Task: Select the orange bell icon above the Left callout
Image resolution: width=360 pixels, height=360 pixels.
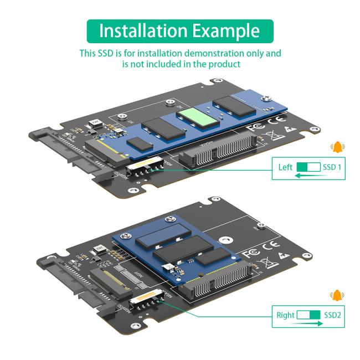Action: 337,147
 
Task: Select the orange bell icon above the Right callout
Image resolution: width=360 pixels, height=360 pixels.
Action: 337,296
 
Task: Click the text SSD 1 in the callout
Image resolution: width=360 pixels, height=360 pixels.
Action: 332,167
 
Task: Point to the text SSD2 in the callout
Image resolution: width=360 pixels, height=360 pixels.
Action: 332,315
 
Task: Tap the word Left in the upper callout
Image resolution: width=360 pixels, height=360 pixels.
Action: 285,167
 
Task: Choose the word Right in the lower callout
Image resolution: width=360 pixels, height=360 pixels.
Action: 285,315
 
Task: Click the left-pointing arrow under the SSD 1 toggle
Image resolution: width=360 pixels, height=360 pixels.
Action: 308,176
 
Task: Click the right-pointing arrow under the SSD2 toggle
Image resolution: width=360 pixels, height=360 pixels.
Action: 308,323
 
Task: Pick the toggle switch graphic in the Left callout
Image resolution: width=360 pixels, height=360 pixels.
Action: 308,167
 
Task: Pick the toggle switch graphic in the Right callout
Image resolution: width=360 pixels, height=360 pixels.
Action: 308,315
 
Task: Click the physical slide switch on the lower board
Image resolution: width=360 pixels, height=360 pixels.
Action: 145,305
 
